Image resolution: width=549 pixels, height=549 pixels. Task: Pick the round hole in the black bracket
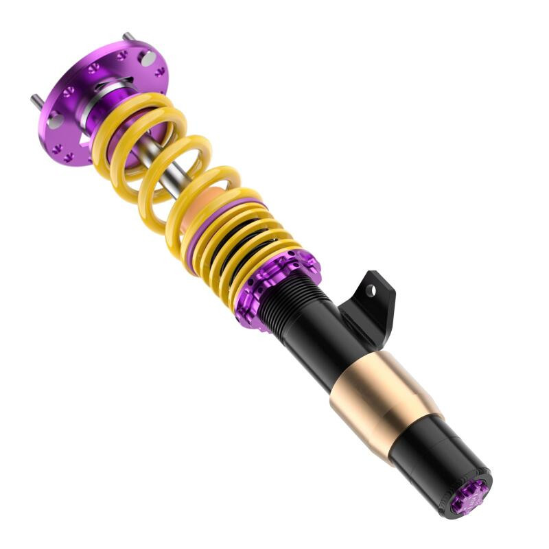[x=371, y=290]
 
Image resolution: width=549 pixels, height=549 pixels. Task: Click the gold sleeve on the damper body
[x=381, y=398]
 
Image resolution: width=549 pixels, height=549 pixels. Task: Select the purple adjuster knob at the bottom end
[x=469, y=495]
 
